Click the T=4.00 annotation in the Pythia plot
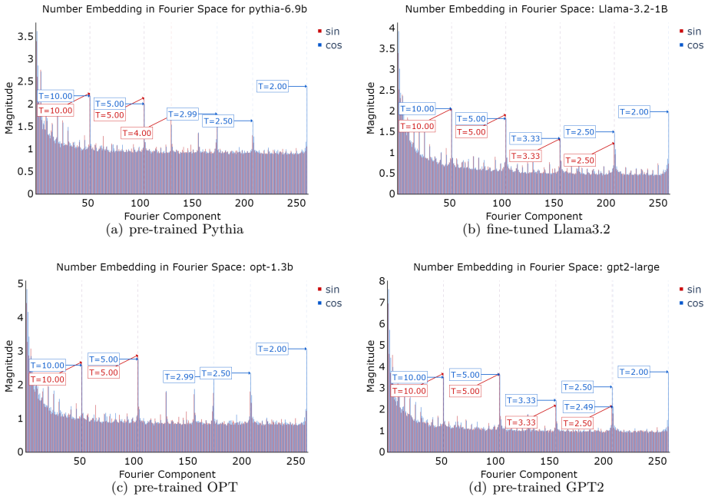(x=137, y=133)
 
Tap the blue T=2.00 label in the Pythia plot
(x=273, y=86)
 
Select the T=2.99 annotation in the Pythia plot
(x=183, y=114)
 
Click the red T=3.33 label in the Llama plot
(x=525, y=156)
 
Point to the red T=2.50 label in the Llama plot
(x=580, y=161)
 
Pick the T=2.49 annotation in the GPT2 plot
(x=579, y=407)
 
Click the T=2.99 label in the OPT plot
(x=179, y=376)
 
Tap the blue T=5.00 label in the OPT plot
(x=104, y=359)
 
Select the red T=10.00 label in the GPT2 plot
(x=409, y=391)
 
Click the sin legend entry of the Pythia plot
(x=329, y=31)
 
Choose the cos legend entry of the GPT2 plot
(x=691, y=303)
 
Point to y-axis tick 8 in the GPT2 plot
(x=382, y=281)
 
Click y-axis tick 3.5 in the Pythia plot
(x=25, y=36)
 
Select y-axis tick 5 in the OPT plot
(x=20, y=283)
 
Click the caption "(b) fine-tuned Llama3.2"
(x=537, y=230)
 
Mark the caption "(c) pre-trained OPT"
(x=174, y=488)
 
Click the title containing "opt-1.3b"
(x=175, y=267)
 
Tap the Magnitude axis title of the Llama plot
(x=371, y=108)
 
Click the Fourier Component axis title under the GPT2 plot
(x=529, y=474)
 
